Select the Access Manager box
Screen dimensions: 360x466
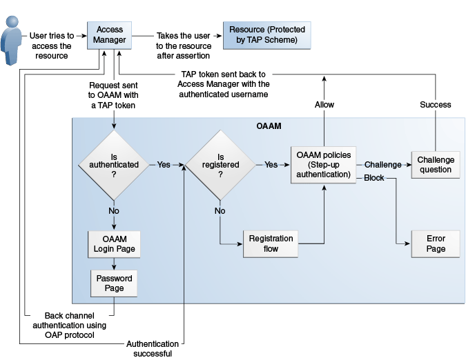pos(110,35)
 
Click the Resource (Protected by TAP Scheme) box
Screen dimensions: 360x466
pos(266,35)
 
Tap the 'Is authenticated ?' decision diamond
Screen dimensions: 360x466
pos(114,165)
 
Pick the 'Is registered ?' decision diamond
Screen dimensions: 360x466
pos(221,165)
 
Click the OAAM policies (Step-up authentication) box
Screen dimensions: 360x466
pos(323,165)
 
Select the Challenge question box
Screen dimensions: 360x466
pos(436,165)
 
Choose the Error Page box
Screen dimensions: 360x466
pos(436,243)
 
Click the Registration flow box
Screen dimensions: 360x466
pos(271,243)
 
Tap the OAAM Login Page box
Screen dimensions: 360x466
pos(115,243)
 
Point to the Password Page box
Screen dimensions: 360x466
pos(115,283)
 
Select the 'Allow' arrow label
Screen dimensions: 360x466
pos(324,105)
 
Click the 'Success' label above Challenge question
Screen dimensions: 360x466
pos(436,105)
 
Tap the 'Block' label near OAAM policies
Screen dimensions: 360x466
pos(373,179)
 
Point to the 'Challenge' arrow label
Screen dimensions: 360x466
pos(382,165)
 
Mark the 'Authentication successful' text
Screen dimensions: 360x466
pos(153,348)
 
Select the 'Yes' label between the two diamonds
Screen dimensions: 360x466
pos(164,165)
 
